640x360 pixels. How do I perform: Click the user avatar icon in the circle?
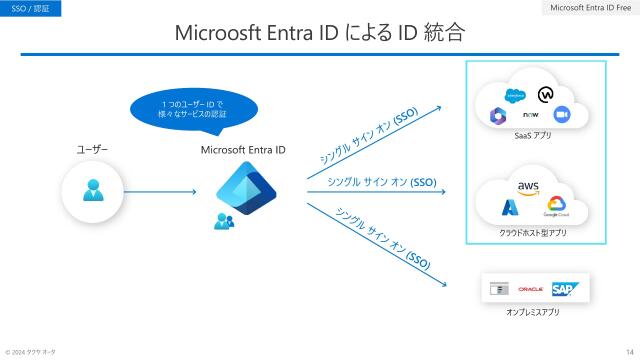92,190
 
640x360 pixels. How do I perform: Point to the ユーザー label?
92,150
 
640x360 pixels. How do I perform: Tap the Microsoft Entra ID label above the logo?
243,150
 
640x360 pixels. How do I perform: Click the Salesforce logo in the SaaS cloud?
515,96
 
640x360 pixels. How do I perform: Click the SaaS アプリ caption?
532,134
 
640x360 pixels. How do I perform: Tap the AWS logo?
529,186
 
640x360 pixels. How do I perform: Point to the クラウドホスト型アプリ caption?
532,232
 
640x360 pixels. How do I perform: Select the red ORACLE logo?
530,289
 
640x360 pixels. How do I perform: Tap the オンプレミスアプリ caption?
532,313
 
